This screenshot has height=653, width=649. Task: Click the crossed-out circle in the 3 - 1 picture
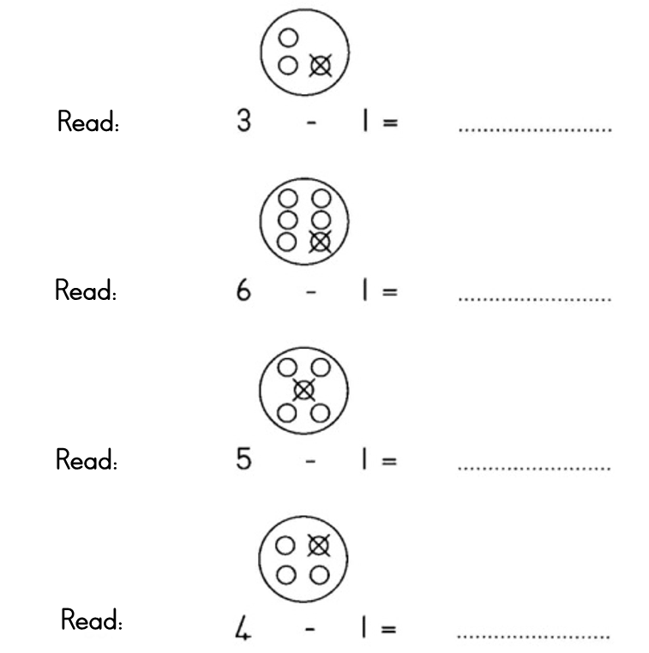tap(320, 64)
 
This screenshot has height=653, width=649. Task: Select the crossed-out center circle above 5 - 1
tap(303, 391)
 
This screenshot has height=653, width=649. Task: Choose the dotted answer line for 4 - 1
tap(535, 638)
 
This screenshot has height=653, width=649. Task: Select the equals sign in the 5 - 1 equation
tap(389, 463)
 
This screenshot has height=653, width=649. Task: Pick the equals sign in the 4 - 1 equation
tap(389, 632)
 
